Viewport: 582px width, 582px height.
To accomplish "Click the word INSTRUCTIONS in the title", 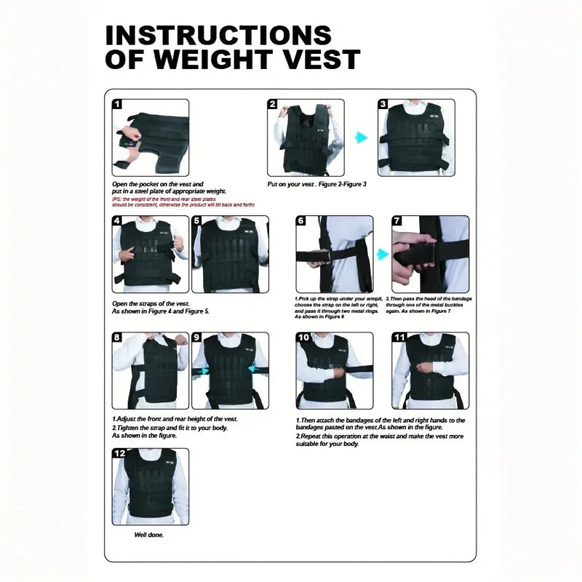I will [x=218, y=35].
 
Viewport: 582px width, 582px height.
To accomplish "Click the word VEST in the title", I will [x=318, y=59].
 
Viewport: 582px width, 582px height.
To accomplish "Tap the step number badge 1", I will [x=118, y=105].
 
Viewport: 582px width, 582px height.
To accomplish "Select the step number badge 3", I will [x=383, y=105].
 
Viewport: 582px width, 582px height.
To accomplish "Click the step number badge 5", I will [x=197, y=221].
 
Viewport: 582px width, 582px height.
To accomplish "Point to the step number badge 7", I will [x=397, y=221].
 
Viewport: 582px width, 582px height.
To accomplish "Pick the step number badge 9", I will [x=197, y=338].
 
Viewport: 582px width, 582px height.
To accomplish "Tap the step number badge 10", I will [x=303, y=338].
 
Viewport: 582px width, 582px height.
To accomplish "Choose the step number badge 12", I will [x=119, y=454].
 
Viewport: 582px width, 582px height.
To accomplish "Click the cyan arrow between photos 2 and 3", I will [x=360, y=137].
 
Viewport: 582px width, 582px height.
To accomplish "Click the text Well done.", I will [x=148, y=535].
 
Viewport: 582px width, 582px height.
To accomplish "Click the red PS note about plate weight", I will [x=183, y=202].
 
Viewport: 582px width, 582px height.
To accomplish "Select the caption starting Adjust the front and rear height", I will [x=175, y=419].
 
